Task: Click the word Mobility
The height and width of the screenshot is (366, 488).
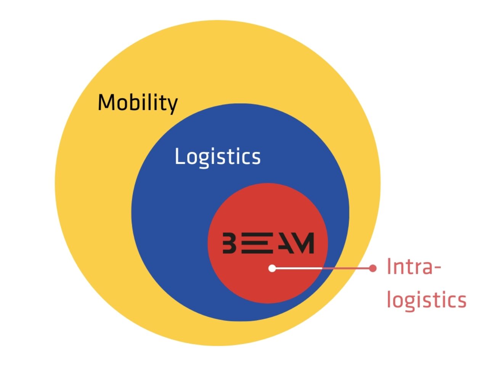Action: pos(138,103)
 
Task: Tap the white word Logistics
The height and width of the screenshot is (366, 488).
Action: pos(217,156)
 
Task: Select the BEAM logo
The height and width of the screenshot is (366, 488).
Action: pos(268,243)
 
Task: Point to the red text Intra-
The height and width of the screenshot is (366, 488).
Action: pos(414,266)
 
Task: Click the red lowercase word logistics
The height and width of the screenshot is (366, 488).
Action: pos(426,300)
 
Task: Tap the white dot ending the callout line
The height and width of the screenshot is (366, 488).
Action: pos(272,268)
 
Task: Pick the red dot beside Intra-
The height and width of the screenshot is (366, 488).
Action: pos(372,268)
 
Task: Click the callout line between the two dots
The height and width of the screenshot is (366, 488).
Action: pos(322,268)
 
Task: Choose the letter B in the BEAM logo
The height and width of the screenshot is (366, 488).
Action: pos(229,243)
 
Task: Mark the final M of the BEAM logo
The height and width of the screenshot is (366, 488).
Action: pos(305,243)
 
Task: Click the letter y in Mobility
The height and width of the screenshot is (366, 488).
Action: pos(172,104)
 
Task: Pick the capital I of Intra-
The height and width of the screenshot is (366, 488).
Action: pos(389,266)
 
